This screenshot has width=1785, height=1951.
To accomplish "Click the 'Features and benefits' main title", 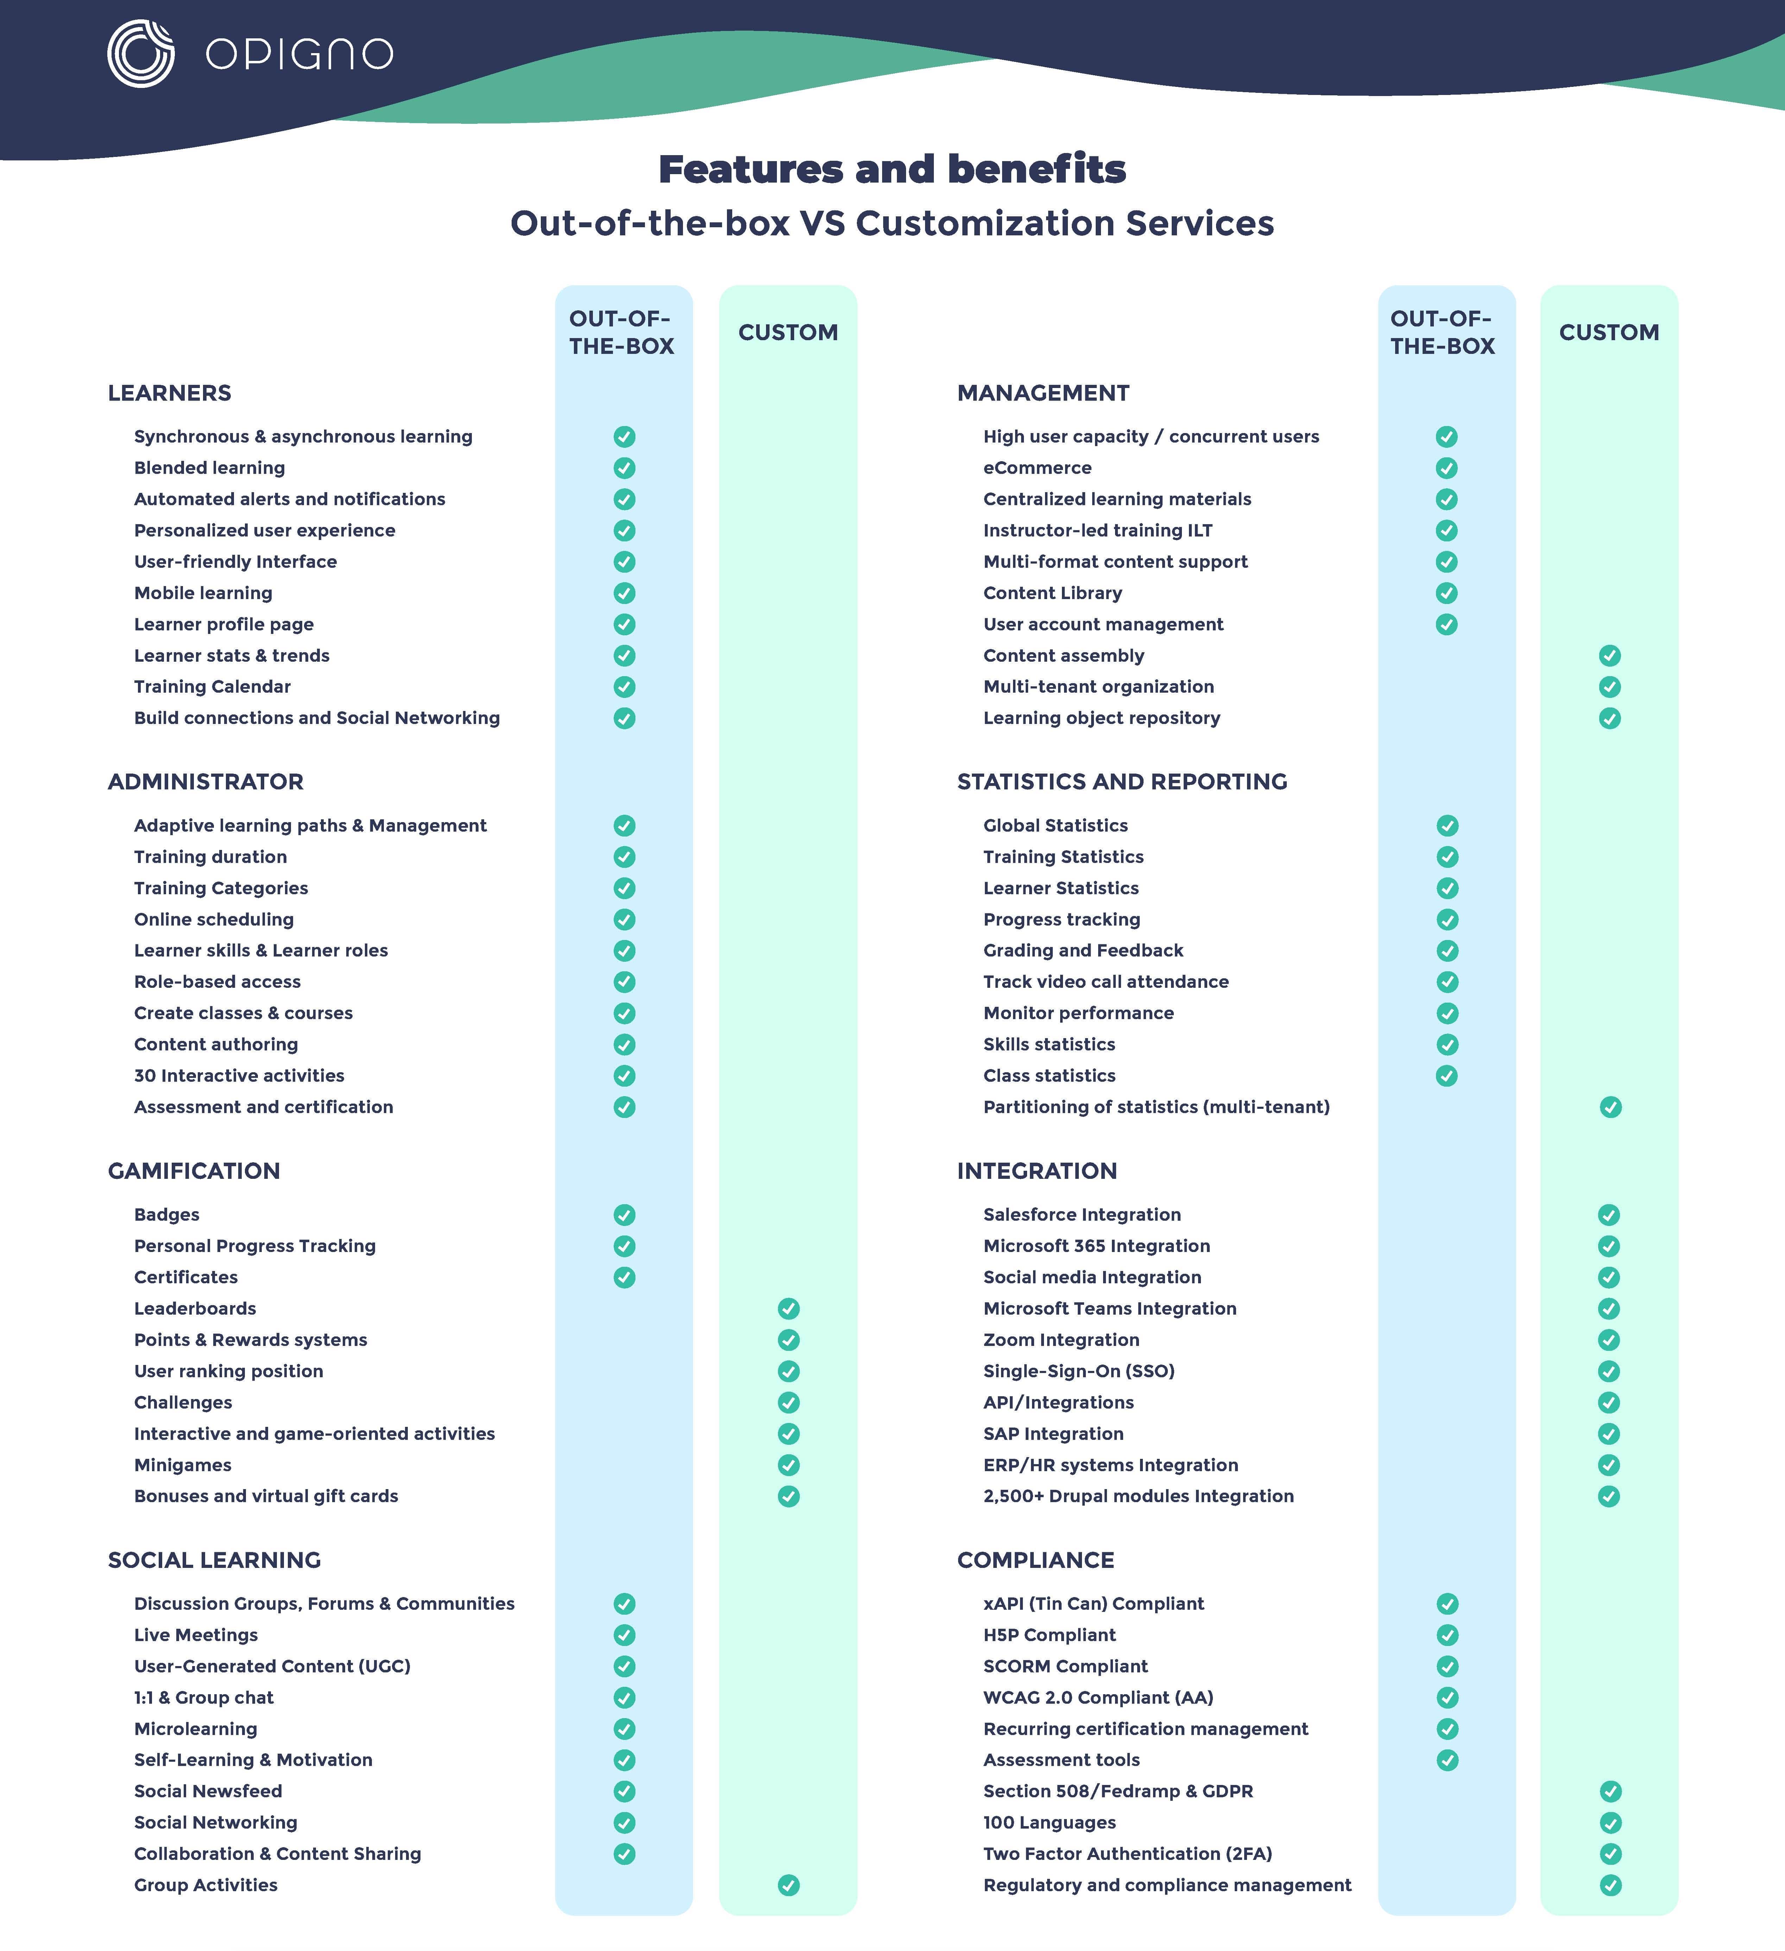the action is pyautogui.click(x=892, y=169).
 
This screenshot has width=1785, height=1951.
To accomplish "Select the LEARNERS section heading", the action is pyautogui.click(x=169, y=393).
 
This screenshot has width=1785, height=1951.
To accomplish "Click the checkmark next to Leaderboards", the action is pyautogui.click(x=789, y=1308).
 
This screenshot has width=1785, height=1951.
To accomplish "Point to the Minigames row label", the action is pyautogui.click(x=183, y=1465).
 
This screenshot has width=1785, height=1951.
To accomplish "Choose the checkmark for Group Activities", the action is pyautogui.click(x=789, y=1885).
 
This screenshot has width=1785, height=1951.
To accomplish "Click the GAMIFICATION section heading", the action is pyautogui.click(x=194, y=1171).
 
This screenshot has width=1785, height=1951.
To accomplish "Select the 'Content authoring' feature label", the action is pyautogui.click(x=216, y=1044).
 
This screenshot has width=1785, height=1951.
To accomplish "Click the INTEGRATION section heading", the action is pyautogui.click(x=1037, y=1171).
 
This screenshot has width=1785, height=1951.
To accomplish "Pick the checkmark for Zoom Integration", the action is pyautogui.click(x=1609, y=1340).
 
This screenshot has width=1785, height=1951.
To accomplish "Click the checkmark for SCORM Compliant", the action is pyautogui.click(x=1447, y=1666).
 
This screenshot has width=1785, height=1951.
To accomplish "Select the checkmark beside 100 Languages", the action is pyautogui.click(x=1611, y=1823).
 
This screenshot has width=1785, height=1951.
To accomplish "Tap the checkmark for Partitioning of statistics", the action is pyautogui.click(x=1611, y=1107).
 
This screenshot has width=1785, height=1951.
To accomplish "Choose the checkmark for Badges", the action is pyautogui.click(x=624, y=1214).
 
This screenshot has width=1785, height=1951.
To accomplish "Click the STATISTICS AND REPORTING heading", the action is pyautogui.click(x=1122, y=782).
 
